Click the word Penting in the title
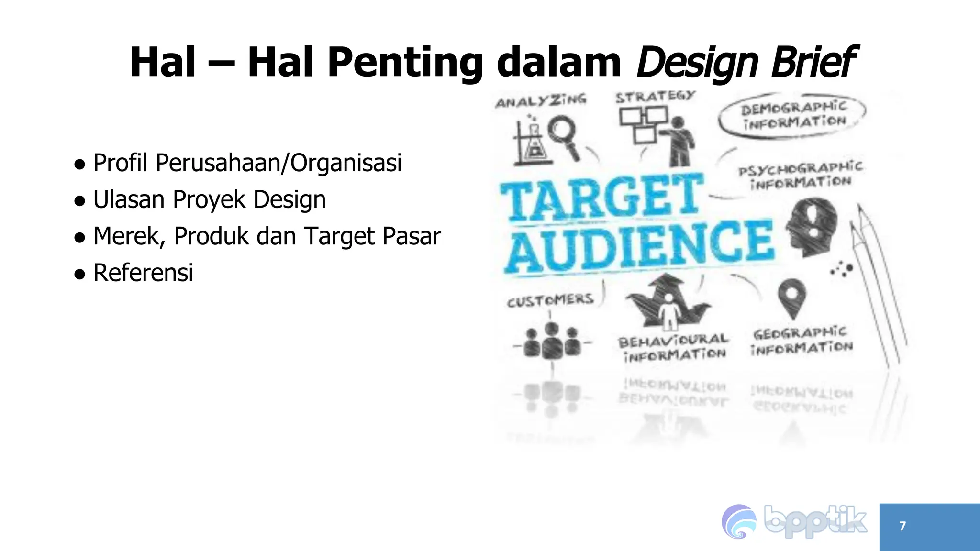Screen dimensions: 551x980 (404, 63)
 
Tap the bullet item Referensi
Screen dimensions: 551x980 (143, 273)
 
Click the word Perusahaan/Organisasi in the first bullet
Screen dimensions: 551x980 (278, 163)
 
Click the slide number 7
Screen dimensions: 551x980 (902, 526)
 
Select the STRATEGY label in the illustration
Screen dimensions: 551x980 (655, 97)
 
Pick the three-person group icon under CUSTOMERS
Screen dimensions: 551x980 (552, 341)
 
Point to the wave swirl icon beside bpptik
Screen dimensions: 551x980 (739, 522)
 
